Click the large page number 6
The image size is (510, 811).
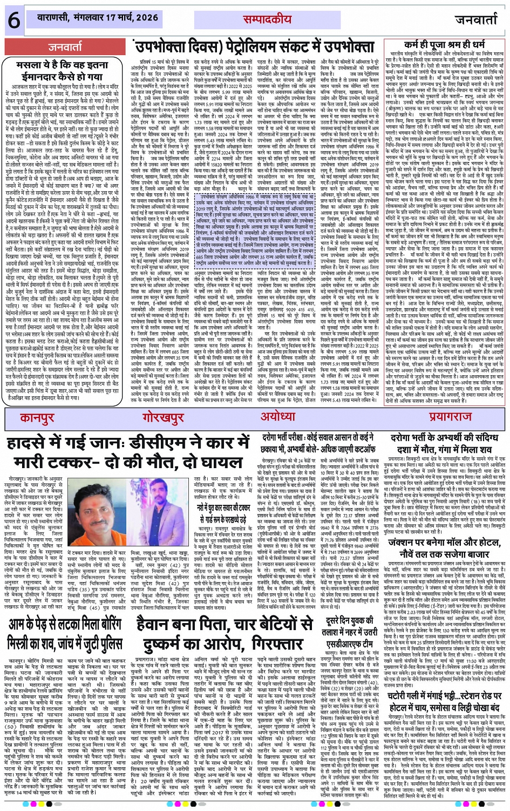pyautogui.click(x=13, y=21)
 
